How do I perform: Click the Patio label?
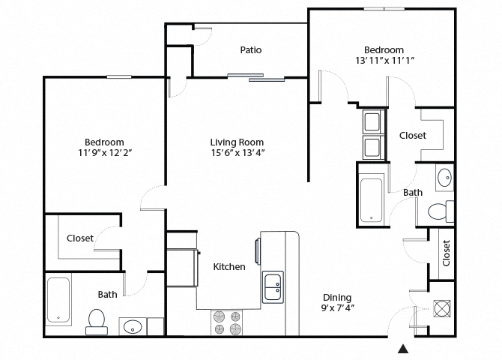pyautogui.click(x=250, y=50)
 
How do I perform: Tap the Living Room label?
pyautogui.click(x=237, y=142)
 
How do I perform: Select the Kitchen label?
pyautogui.click(x=229, y=266)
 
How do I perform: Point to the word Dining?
pyautogui.click(x=337, y=297)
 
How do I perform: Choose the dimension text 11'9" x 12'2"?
pyautogui.click(x=104, y=152)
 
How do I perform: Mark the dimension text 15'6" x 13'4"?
pyautogui.click(x=237, y=152)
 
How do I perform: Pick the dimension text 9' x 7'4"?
pyautogui.click(x=337, y=307)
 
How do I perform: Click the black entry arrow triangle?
pyautogui.click(x=403, y=349)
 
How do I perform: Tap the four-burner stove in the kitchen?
pyautogui.click(x=228, y=322)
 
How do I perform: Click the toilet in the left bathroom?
pyautogui.click(x=96, y=320)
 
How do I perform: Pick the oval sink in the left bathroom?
pyautogui.click(x=133, y=327)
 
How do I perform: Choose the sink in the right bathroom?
pyautogui.click(x=444, y=178)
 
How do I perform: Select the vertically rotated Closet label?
pyautogui.click(x=447, y=253)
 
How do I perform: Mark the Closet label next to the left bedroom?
pyautogui.click(x=80, y=238)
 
